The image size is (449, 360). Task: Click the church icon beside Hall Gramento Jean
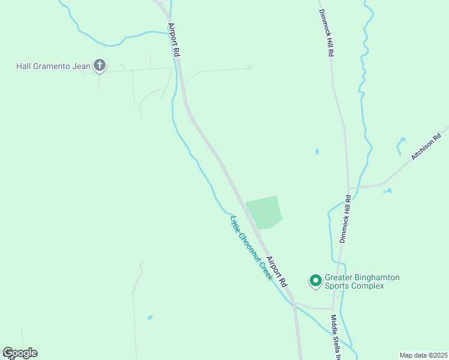click(x=100, y=65)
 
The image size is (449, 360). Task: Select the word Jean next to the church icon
click(x=82, y=65)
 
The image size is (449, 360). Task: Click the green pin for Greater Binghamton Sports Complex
click(x=315, y=280)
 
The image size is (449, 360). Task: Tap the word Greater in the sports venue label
click(x=338, y=278)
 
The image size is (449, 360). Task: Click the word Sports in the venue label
click(x=337, y=286)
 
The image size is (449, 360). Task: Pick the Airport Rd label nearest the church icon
click(x=175, y=40)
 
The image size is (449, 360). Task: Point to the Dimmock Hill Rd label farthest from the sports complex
click(x=327, y=34)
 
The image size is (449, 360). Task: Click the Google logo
click(x=20, y=353)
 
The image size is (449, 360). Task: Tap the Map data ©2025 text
click(x=423, y=355)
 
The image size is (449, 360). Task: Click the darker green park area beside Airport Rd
click(x=265, y=212)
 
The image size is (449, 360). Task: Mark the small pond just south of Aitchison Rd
click(x=387, y=191)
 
